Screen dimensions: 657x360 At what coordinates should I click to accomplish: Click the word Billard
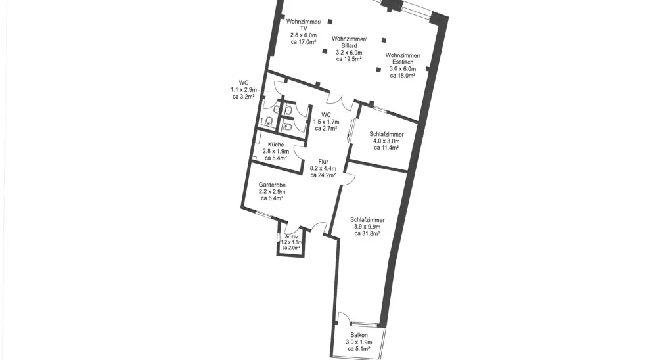[x=349, y=46]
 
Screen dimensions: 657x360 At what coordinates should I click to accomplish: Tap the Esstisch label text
[x=403, y=62]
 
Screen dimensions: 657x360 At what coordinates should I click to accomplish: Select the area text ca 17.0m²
[x=304, y=42]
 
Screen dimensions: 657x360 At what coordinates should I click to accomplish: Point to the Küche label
[x=276, y=145]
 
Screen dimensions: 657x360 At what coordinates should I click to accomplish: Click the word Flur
[x=323, y=162]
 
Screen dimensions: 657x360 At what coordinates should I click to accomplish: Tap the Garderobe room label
[x=272, y=185]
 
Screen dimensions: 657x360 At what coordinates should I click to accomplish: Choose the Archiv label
[x=291, y=236]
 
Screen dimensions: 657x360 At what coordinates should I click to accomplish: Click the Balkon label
[x=359, y=335]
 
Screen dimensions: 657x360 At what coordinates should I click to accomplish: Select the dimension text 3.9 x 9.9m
[x=367, y=227]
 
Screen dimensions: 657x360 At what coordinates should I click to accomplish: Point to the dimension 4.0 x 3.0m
[x=386, y=141]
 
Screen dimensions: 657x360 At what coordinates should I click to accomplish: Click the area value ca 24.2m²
[x=323, y=175]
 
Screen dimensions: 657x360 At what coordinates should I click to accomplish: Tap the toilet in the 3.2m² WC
[x=269, y=122]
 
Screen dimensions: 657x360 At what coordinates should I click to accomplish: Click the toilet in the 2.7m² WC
[x=288, y=125]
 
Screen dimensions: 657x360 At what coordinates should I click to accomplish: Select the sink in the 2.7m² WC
[x=288, y=110]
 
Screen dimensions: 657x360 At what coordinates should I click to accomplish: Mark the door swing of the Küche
[x=299, y=152]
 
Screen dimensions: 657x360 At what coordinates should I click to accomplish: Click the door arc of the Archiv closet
[x=291, y=230]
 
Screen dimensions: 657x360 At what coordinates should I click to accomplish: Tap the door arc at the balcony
[x=344, y=317]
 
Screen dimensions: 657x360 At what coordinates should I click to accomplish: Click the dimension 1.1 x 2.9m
[x=244, y=90]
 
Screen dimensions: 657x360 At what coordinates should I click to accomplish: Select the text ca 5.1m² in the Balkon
[x=359, y=349]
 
